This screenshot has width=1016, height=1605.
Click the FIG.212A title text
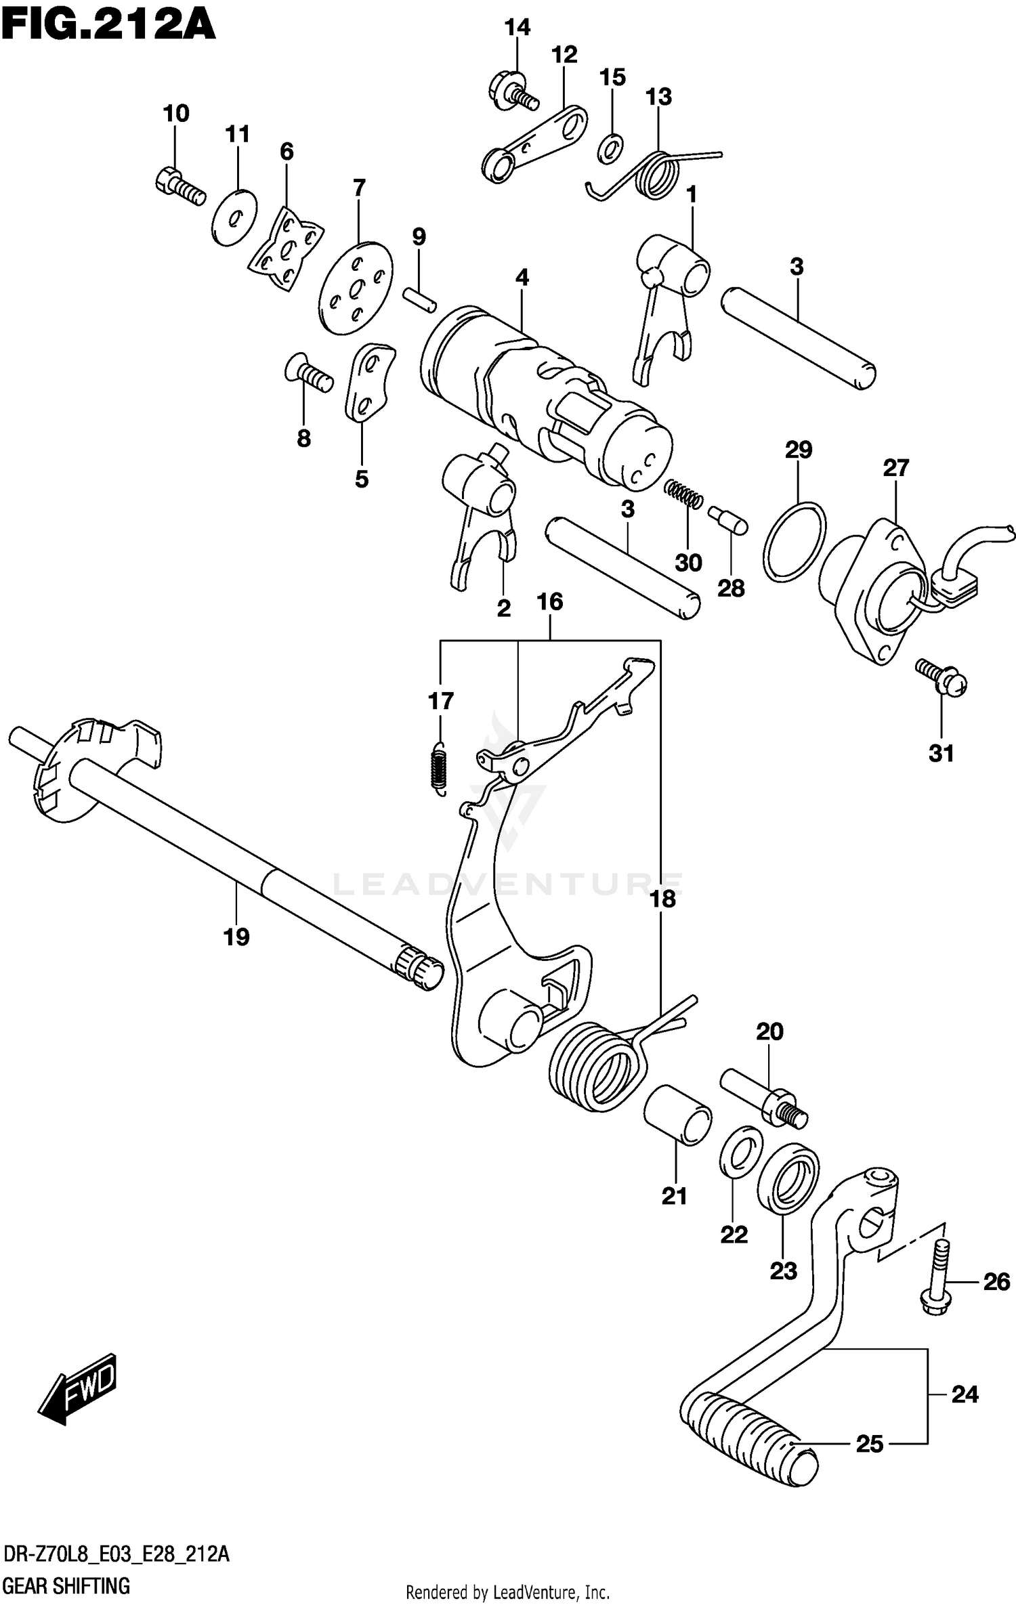tap(108, 27)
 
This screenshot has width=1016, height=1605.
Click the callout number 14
tap(517, 28)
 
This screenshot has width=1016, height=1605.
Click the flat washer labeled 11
tap(234, 217)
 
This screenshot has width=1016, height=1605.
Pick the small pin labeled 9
tap(420, 299)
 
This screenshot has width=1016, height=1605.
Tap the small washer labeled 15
tap(611, 149)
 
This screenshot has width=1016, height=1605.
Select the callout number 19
tap(236, 937)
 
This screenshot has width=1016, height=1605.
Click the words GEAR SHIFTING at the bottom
tap(66, 1585)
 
